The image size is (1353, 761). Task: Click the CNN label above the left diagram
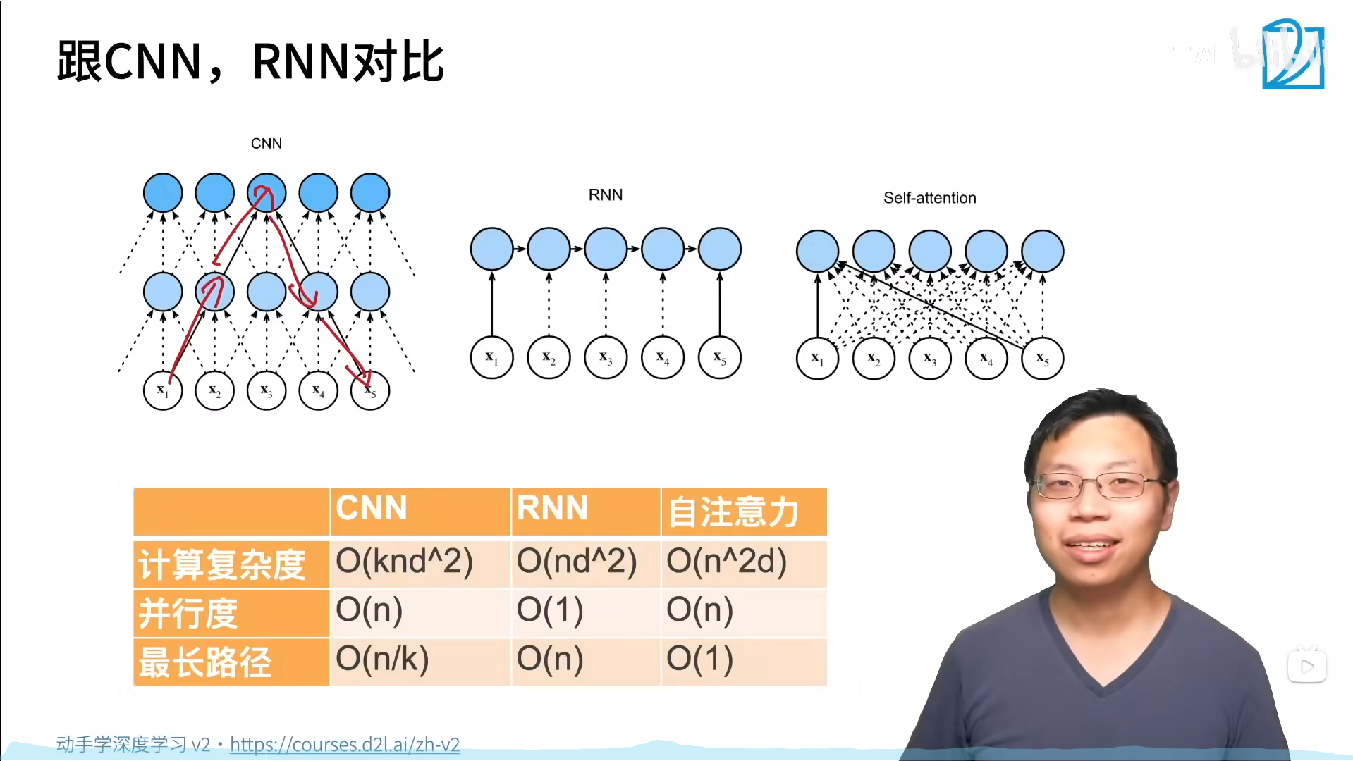[267, 144]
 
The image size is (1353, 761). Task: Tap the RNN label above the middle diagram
[606, 195]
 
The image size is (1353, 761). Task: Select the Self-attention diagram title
[929, 198]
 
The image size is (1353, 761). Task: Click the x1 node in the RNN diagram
[491, 358]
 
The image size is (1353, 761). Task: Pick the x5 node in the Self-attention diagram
[1042, 359]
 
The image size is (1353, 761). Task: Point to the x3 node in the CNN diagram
[267, 390]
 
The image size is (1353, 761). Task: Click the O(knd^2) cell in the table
[405, 562]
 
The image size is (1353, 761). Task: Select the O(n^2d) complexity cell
[727, 562]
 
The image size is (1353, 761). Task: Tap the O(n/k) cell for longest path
[382, 659]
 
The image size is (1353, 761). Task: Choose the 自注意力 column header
[733, 512]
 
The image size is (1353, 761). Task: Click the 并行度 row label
[188, 612]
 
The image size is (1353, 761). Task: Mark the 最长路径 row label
[205, 662]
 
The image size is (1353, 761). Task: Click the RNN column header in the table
[552, 509]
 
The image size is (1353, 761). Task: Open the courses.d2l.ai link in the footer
[345, 745]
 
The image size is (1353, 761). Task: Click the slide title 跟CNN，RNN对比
[250, 62]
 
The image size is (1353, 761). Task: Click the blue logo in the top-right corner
[1292, 54]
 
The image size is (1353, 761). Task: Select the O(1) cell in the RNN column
[550, 610]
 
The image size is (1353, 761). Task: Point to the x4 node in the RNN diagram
[663, 358]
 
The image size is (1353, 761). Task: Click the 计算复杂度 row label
[222, 564]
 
